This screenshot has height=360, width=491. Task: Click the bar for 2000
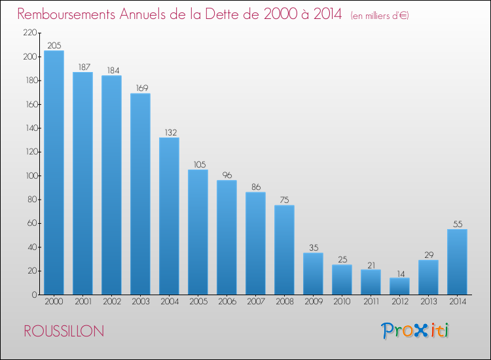click(x=54, y=173)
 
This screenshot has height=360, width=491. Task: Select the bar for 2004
click(x=169, y=216)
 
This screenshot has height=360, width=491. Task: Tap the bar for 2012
click(x=399, y=286)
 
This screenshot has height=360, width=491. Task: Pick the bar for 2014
click(x=457, y=262)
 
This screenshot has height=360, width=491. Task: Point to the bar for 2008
click(x=284, y=250)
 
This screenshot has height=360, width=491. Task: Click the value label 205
click(x=54, y=45)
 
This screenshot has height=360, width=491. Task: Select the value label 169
click(x=140, y=88)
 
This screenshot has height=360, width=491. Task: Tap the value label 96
click(x=227, y=175)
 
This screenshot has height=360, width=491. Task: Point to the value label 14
click(x=399, y=272)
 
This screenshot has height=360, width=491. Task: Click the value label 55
click(x=457, y=224)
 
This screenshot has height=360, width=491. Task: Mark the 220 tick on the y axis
click(x=29, y=33)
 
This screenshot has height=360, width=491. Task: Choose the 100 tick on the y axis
click(x=29, y=176)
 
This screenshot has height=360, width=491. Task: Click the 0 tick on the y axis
click(x=33, y=295)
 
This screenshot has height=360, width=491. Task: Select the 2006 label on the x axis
click(x=227, y=302)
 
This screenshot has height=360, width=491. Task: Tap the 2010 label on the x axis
click(x=342, y=302)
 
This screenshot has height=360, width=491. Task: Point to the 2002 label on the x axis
click(x=111, y=302)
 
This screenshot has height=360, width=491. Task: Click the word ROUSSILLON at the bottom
click(x=63, y=331)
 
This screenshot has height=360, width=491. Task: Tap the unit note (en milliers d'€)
click(x=380, y=15)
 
